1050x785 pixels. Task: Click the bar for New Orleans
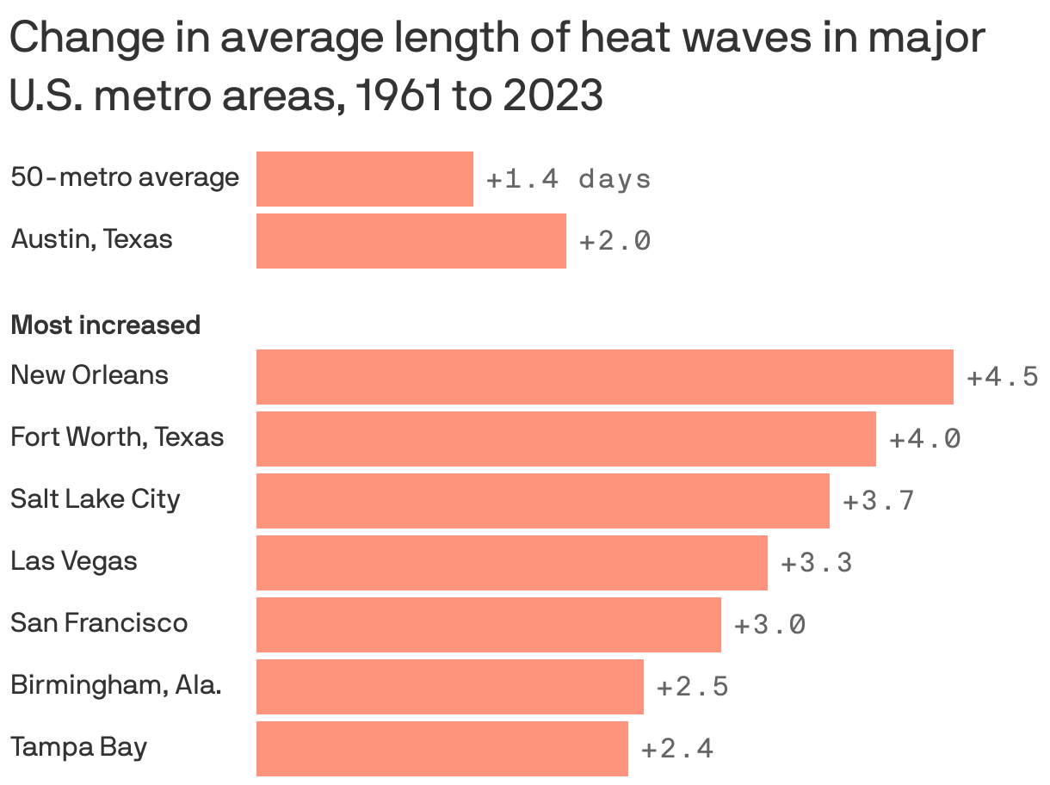[x=604, y=377]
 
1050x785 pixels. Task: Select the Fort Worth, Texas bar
[x=565, y=439]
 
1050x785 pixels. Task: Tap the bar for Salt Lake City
[x=542, y=501]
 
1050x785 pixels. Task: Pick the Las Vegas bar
[x=511, y=563]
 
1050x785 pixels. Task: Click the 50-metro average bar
[x=364, y=179]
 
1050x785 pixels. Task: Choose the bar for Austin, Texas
[x=411, y=241]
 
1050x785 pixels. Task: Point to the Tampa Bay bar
[x=442, y=749]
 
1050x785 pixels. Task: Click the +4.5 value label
[x=1002, y=377]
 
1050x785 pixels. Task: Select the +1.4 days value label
[x=568, y=179]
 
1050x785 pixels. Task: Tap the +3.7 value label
[x=878, y=501]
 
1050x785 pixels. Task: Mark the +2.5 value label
[x=692, y=687]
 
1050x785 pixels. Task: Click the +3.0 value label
[x=769, y=625]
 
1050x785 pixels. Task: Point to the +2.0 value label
[x=615, y=241]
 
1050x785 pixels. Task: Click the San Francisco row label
[x=99, y=622]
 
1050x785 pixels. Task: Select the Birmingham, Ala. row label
[x=116, y=685]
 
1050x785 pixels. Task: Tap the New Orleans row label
[x=90, y=375]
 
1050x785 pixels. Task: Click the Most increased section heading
[x=105, y=325]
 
